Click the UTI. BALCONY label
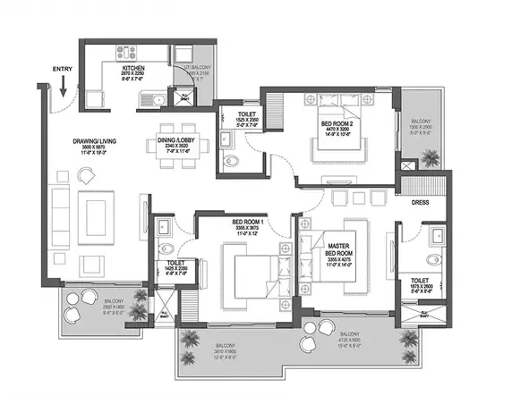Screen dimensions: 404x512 [198, 68]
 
